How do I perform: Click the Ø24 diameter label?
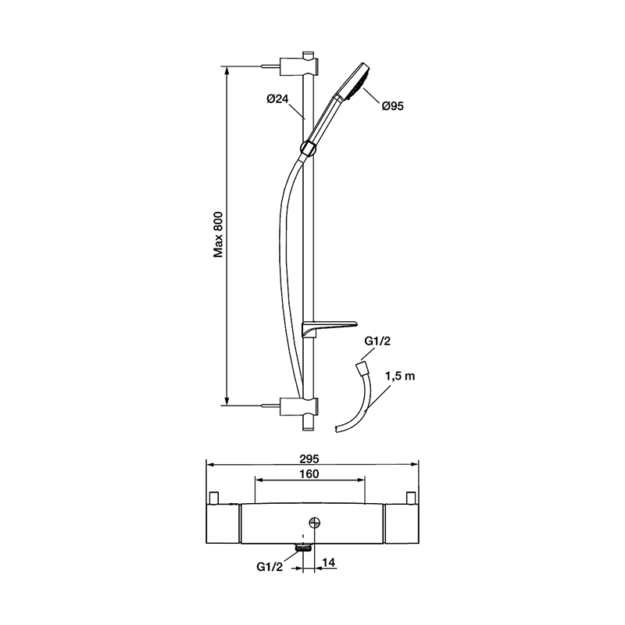click(x=277, y=99)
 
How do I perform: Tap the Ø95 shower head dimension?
click(x=393, y=106)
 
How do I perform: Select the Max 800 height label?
click(x=218, y=235)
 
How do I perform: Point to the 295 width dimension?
click(x=309, y=459)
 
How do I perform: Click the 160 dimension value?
click(x=309, y=474)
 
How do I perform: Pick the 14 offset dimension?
click(x=329, y=562)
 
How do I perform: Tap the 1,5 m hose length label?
click(x=400, y=376)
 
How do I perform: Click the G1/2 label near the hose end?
click(x=377, y=341)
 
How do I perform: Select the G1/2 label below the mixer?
click(x=270, y=567)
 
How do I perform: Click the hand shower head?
click(x=354, y=82)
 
